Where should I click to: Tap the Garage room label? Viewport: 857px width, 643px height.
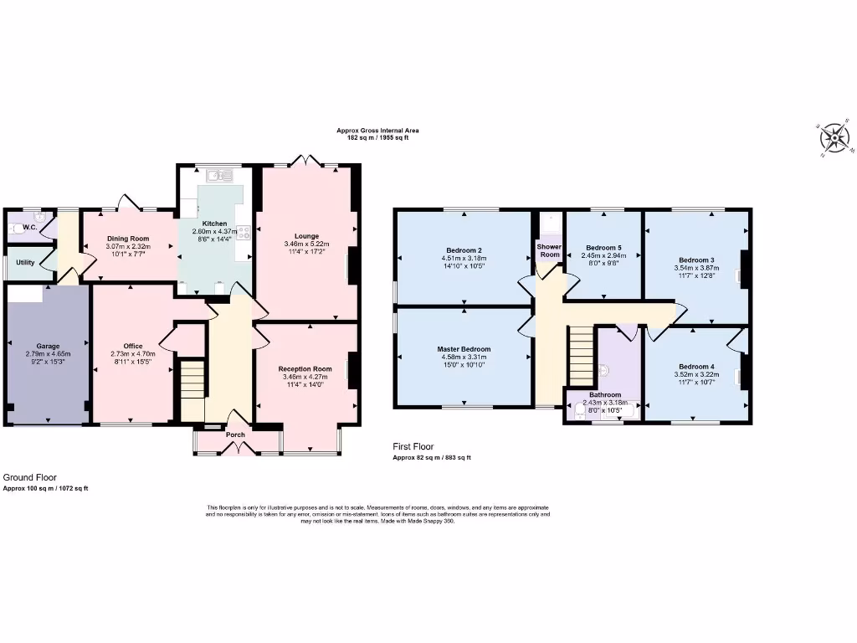(47, 345)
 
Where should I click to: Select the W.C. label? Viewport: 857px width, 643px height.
(29, 227)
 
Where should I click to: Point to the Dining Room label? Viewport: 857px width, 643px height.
(128, 239)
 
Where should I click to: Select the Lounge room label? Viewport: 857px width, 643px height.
(306, 236)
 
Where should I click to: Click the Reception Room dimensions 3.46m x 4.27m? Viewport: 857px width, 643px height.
(305, 377)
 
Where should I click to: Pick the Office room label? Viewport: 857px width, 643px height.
(132, 346)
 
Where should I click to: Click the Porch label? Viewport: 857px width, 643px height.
(236, 435)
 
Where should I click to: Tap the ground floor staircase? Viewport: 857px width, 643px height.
(192, 381)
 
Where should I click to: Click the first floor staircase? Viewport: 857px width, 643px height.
(581, 352)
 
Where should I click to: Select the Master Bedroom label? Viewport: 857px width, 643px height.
(464, 349)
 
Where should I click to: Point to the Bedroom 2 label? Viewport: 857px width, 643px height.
(464, 250)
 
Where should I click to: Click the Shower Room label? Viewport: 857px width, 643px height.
(549, 250)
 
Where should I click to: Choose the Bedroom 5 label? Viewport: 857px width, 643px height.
(603, 248)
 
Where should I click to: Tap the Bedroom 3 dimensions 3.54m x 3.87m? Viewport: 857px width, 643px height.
(696, 269)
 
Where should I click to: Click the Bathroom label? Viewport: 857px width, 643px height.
(604, 394)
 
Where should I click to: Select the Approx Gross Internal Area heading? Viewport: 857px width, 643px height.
(377, 131)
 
